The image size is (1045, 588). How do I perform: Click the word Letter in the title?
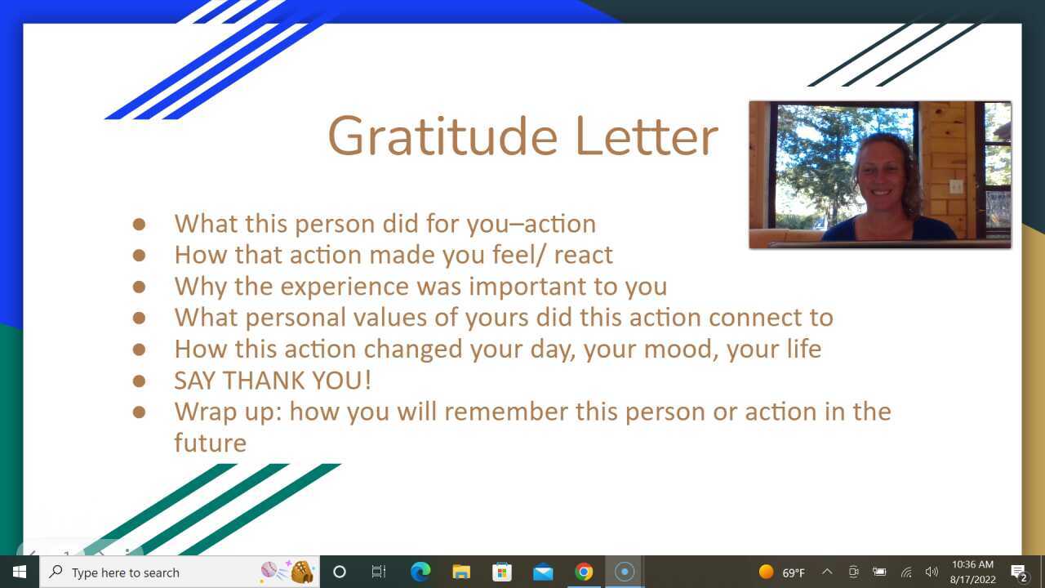click(x=646, y=136)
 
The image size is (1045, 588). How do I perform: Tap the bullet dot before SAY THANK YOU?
click(x=139, y=380)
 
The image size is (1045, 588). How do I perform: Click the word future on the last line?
click(x=210, y=443)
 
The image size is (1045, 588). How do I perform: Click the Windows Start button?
click(x=19, y=572)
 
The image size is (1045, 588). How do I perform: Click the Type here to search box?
click(x=155, y=572)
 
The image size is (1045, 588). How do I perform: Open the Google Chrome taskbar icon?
click(x=584, y=572)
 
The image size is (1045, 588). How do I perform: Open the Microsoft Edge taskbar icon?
click(x=420, y=572)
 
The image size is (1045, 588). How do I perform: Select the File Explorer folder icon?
click(x=461, y=572)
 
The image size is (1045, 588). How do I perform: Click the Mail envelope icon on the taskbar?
click(x=543, y=572)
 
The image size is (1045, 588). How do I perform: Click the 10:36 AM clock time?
click(x=972, y=564)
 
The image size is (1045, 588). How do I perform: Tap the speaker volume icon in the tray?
click(x=932, y=572)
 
